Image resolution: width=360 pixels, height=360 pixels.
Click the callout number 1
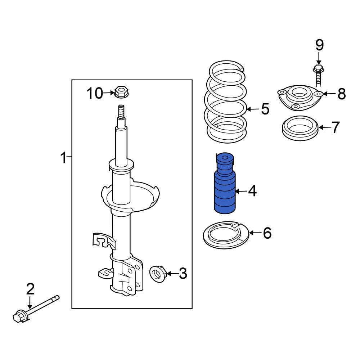tap(63, 157)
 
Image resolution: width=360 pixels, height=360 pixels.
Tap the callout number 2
tap(30, 289)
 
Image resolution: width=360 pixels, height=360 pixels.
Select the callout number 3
tap(183, 274)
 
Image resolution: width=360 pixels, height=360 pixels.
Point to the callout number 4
tap(252, 191)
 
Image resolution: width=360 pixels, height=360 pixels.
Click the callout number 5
tap(265, 109)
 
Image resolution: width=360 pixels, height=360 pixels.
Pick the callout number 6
tap(267, 233)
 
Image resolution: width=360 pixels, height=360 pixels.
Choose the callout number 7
tap(335, 127)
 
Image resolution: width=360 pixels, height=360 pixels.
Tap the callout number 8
tap(341, 94)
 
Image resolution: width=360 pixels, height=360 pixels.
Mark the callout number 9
tap(319, 45)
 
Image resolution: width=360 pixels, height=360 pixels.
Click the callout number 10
tap(94, 94)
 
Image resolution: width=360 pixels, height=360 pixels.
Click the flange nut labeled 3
tap(157, 274)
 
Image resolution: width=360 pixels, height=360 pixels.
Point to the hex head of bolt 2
tap(18, 317)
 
